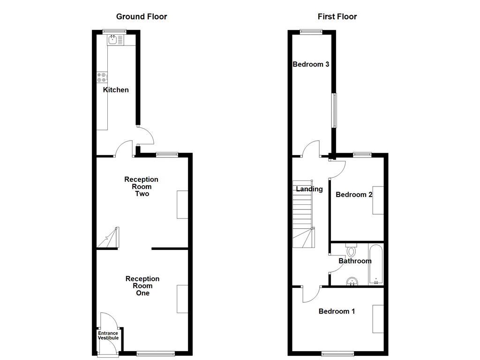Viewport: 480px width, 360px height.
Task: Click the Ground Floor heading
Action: coord(142,17)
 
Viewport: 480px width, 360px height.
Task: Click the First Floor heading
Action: coord(337,17)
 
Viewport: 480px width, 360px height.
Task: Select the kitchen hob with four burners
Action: coord(102,77)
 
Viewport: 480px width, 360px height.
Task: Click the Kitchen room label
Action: coord(116,90)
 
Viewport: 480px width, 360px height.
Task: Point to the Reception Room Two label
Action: coord(141,186)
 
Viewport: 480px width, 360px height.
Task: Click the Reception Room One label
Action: coord(142,285)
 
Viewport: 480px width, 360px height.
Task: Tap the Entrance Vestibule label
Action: coord(108,336)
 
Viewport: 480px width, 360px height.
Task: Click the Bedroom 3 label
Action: coord(310,64)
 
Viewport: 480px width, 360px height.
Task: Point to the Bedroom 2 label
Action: coord(354,195)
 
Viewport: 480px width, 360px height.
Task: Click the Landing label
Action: coord(309,189)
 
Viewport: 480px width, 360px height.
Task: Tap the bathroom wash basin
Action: coord(352,281)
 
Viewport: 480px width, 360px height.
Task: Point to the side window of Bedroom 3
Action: coord(334,110)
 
